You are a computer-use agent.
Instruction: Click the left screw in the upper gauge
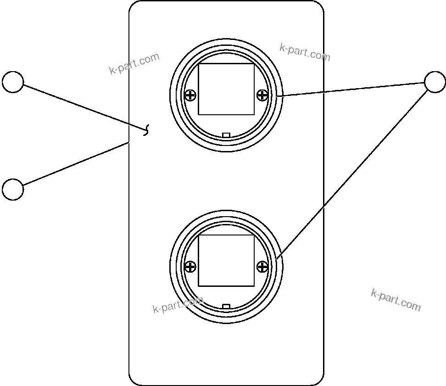(x=190, y=95)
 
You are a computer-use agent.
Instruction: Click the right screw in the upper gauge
(x=262, y=95)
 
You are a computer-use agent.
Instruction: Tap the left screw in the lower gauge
(x=190, y=267)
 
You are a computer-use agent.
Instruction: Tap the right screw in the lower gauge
(x=262, y=267)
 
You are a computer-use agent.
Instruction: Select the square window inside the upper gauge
(x=226, y=90)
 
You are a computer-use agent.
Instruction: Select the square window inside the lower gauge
(x=226, y=261)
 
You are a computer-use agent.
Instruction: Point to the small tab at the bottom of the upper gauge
(x=226, y=135)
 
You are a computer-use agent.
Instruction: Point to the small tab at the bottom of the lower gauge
(x=226, y=306)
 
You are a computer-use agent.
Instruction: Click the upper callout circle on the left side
(x=13, y=82)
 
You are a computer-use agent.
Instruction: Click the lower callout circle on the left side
(x=13, y=190)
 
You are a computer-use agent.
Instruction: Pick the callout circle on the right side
(x=435, y=82)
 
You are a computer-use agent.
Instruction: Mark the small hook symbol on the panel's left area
(x=146, y=130)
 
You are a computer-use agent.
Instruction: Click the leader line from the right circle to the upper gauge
(x=351, y=90)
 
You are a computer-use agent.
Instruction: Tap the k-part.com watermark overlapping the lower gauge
(x=178, y=304)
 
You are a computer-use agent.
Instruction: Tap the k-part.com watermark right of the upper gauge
(x=305, y=52)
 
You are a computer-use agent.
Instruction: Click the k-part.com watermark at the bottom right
(x=396, y=300)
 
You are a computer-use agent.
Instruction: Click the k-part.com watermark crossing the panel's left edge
(x=134, y=63)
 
